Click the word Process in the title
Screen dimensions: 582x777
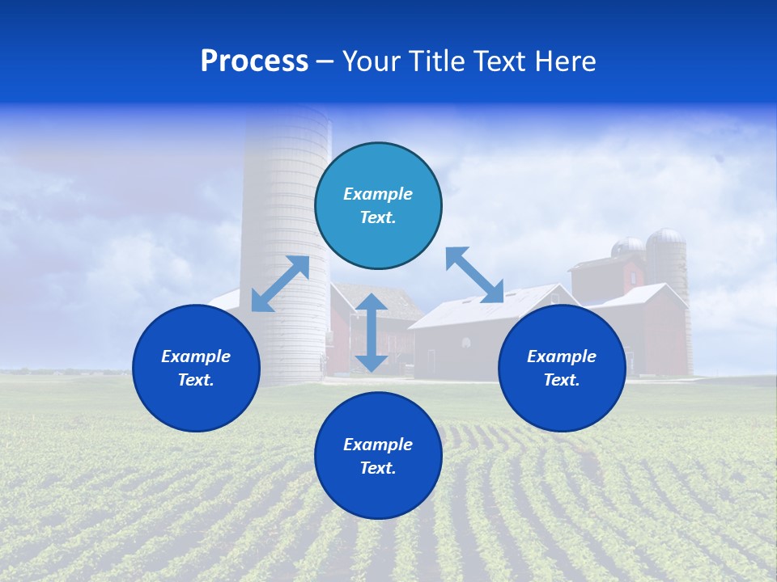click(254, 61)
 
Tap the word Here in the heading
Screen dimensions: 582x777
click(567, 61)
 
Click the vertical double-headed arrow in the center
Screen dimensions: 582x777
click(372, 332)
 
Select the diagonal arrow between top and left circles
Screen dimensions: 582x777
click(280, 284)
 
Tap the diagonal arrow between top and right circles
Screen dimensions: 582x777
click(474, 275)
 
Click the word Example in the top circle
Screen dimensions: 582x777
click(378, 194)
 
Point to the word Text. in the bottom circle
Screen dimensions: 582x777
click(378, 468)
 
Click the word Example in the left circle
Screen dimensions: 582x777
click(196, 356)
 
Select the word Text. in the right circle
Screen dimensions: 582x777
click(562, 380)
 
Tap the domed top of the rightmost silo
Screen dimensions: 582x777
click(666, 237)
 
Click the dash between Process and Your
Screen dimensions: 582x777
click(325, 62)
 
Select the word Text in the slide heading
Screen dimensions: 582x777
click(501, 61)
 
